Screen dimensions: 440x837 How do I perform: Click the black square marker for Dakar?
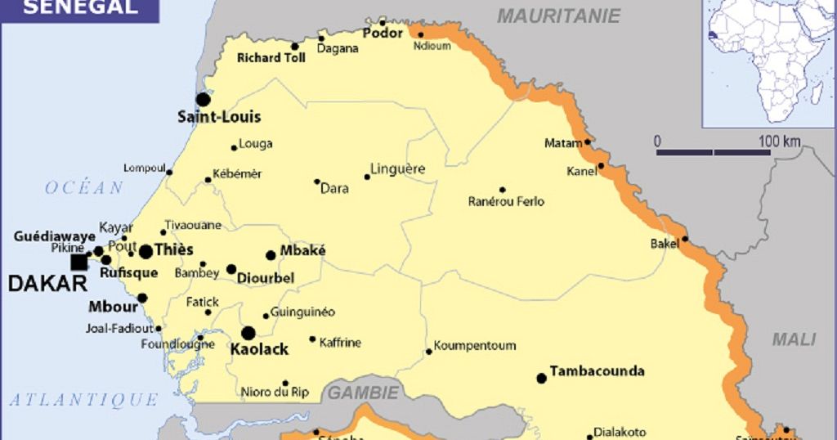tap(79, 262)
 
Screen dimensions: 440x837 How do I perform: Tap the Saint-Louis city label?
tap(219, 117)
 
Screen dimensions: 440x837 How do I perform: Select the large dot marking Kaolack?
tap(248, 333)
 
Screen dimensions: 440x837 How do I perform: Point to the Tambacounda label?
tap(597, 371)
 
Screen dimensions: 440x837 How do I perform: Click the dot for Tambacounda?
tap(541, 378)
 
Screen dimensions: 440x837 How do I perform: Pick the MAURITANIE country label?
tap(559, 16)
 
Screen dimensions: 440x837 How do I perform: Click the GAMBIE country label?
tap(363, 393)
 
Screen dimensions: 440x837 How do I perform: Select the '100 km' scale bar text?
tap(779, 141)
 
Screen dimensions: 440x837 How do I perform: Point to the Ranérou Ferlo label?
tap(506, 201)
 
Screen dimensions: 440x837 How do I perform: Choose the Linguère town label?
tap(397, 169)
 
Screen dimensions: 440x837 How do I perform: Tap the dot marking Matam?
tap(588, 142)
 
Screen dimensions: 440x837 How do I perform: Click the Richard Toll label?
tap(271, 58)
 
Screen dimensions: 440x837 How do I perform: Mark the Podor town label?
tap(383, 34)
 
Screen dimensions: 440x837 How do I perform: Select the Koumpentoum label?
tap(474, 345)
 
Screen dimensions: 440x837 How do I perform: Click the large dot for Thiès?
tap(145, 251)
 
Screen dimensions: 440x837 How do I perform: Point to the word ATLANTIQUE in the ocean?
tap(83, 399)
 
